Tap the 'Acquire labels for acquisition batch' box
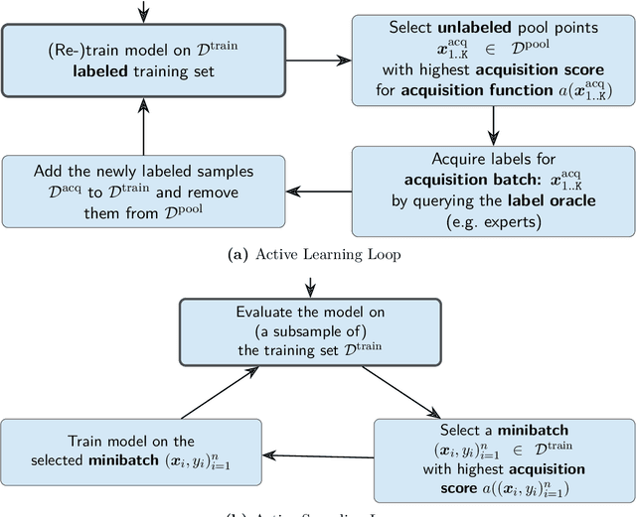click(x=492, y=191)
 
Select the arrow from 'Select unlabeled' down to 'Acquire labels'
click(x=492, y=125)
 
